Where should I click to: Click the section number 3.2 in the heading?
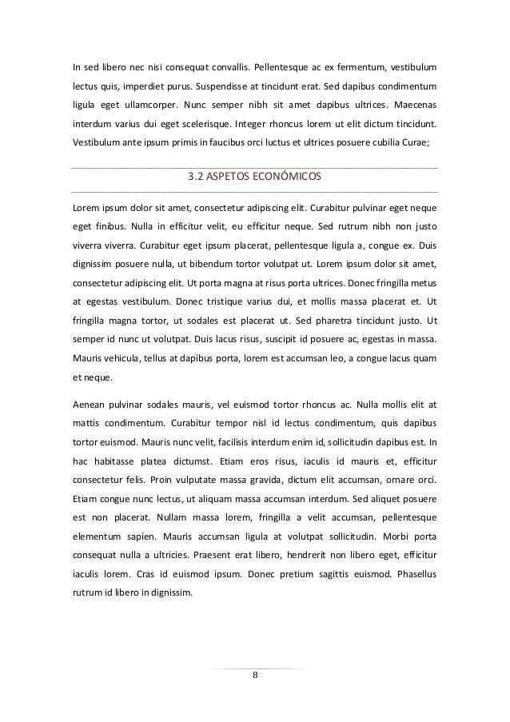[x=195, y=177]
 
